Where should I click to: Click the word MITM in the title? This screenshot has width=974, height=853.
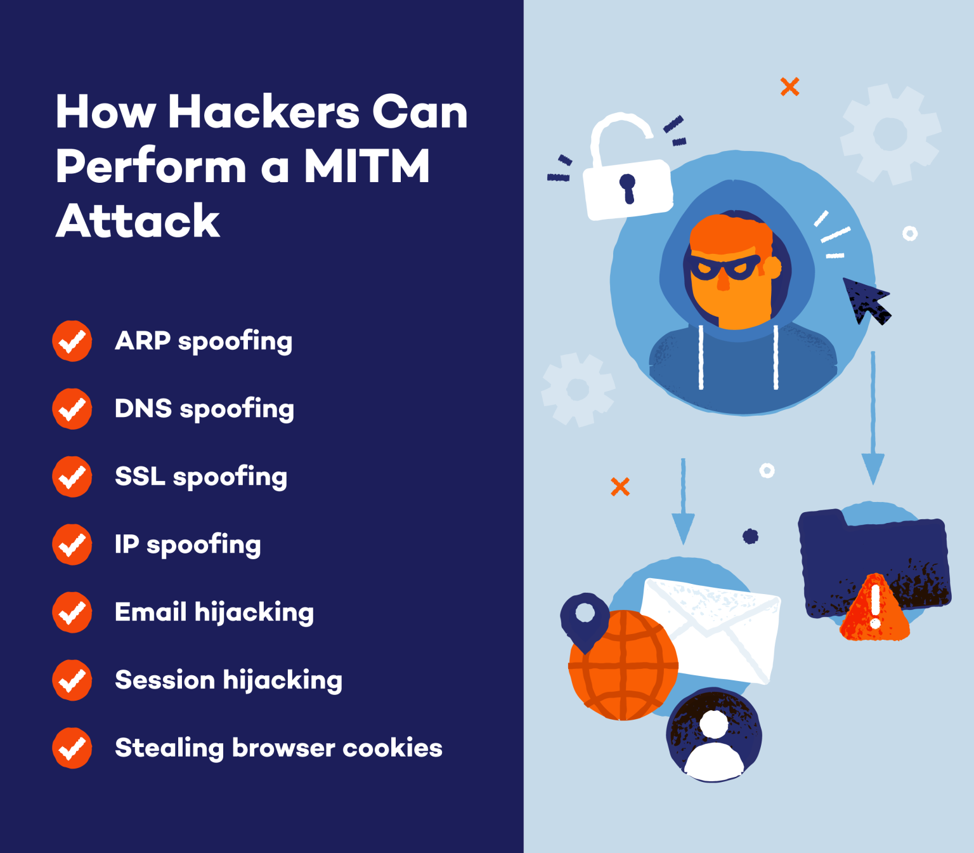[367, 166]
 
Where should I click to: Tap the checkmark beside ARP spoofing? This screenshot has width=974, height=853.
[72, 341]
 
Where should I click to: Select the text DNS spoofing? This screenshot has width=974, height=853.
[204, 409]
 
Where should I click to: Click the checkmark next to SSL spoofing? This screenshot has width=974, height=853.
[72, 477]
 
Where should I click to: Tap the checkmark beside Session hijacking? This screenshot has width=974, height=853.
[72, 680]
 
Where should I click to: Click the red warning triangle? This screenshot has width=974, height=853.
[875, 609]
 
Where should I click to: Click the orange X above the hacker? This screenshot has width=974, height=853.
[789, 86]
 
